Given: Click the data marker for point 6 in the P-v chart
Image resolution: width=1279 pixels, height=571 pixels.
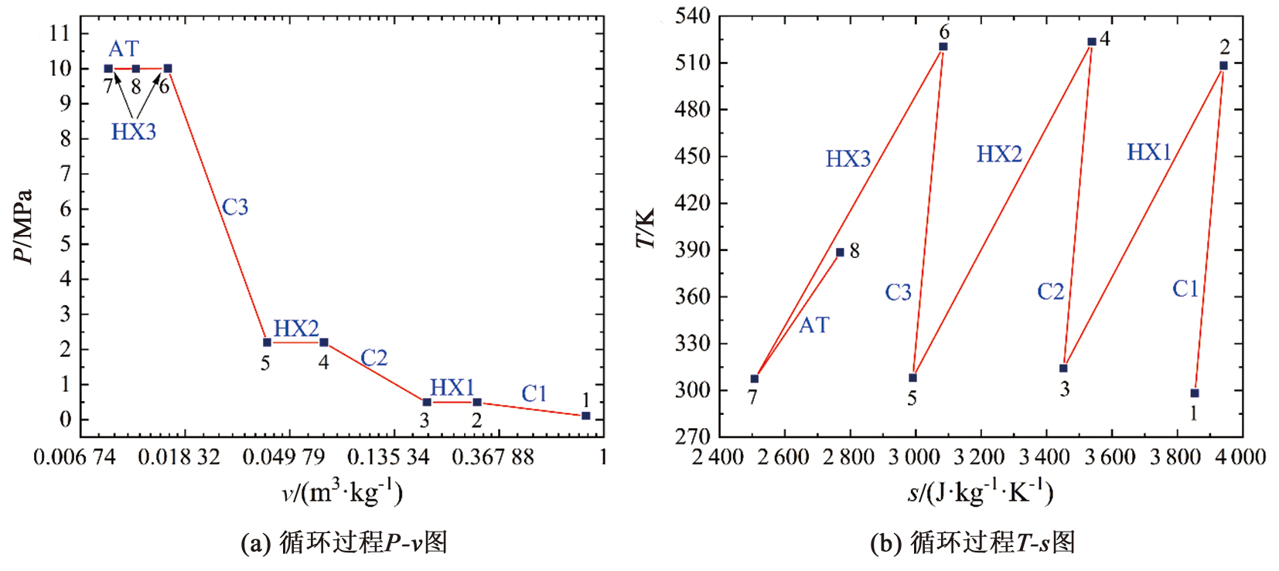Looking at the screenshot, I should tap(168, 69).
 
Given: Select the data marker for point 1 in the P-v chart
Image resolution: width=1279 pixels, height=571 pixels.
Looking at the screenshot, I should tap(586, 416).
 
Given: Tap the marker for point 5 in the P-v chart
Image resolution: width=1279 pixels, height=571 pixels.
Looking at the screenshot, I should tap(268, 342).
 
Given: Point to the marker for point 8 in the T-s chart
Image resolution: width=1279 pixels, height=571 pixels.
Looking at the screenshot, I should tap(840, 253).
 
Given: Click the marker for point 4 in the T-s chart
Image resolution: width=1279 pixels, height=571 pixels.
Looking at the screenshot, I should tap(1092, 42).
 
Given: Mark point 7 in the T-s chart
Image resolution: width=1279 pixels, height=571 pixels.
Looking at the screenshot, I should tap(755, 379).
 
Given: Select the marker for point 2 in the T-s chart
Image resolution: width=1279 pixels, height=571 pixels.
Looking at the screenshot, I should tap(1223, 66).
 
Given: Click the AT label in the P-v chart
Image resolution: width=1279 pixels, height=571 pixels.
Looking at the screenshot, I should tap(124, 49).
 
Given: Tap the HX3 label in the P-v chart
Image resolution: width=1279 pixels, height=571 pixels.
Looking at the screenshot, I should tap(134, 132).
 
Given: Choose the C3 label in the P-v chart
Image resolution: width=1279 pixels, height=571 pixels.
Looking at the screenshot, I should tap(235, 207).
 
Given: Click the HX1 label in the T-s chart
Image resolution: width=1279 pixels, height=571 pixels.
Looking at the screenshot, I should tap(1149, 152).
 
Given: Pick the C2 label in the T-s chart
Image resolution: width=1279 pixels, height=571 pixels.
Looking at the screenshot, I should tap(1051, 292).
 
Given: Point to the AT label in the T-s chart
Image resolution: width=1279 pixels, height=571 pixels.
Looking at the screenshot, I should tap(813, 325).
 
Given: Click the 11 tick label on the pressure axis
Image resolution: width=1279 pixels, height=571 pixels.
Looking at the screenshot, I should tap(60, 33).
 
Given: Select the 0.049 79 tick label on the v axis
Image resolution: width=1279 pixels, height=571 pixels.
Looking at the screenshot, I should tap(284, 457).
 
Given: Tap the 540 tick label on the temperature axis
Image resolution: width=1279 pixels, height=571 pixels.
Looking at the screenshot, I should tap(693, 16).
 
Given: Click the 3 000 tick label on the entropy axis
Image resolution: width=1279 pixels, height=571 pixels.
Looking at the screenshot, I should tap(914, 457).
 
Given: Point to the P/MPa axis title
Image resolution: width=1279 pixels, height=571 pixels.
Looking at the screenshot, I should tap(24, 226).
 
